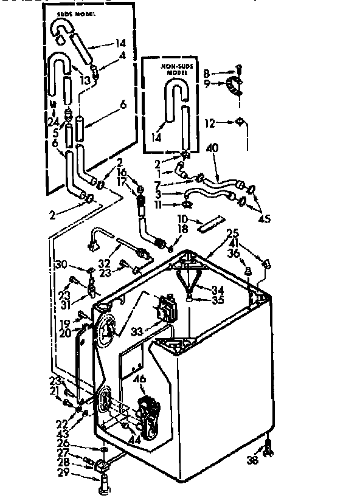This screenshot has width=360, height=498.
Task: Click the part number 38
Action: [x=252, y=460]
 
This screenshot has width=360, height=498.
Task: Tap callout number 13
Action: [x=85, y=80]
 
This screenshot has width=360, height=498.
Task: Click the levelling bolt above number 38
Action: [x=268, y=449]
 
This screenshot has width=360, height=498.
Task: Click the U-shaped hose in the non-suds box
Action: [x=177, y=109]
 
